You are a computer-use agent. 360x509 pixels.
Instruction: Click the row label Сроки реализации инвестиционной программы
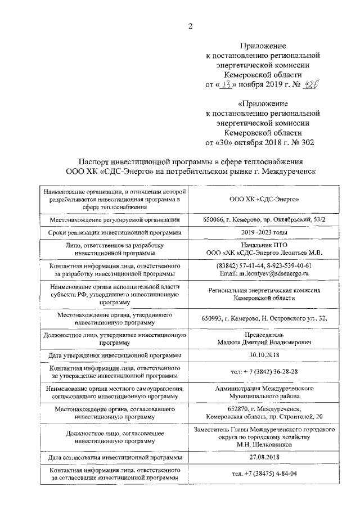(x=115, y=232)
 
